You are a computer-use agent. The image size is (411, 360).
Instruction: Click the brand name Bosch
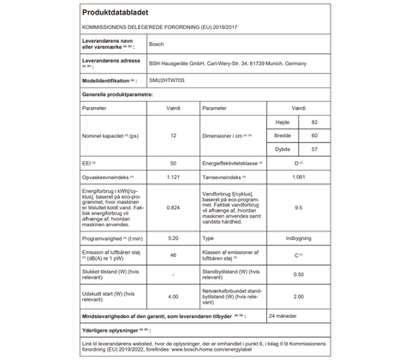157,43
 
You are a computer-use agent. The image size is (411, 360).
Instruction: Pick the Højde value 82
314,123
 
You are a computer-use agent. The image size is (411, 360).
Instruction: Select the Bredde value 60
314,135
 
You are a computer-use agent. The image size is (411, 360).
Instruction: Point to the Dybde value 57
314,148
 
